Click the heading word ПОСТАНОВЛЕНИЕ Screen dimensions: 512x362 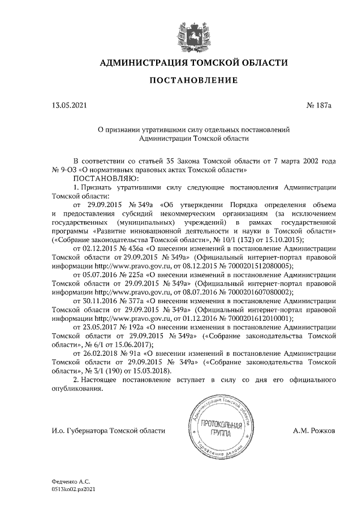193,80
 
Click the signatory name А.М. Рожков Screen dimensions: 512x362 314,431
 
